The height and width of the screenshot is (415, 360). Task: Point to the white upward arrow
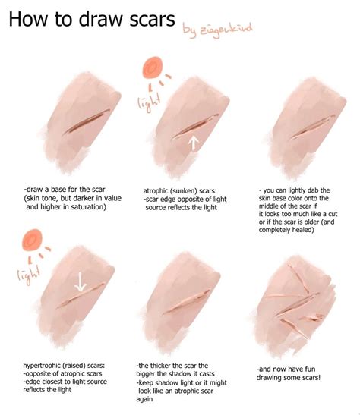pyautogui.click(x=194, y=141)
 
